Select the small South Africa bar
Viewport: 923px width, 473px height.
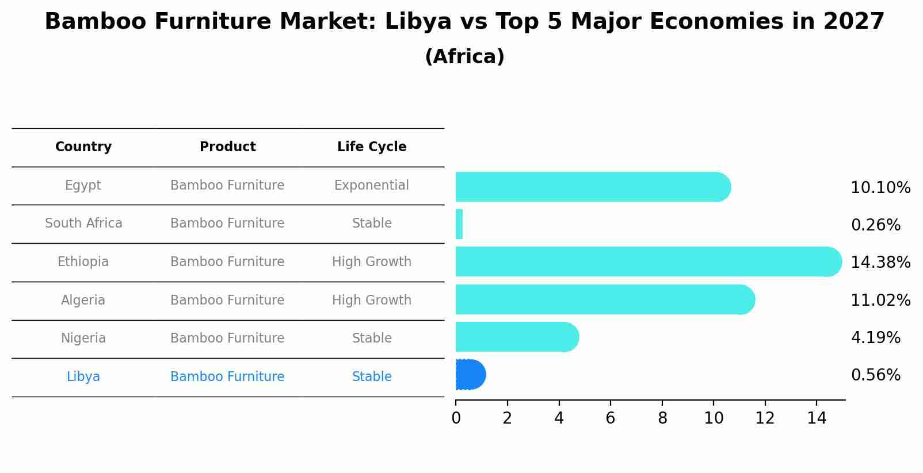click(x=459, y=224)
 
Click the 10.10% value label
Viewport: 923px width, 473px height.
click(x=880, y=188)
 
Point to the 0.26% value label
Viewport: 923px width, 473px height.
click(x=875, y=225)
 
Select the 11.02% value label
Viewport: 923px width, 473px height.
click(x=880, y=301)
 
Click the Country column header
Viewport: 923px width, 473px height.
click(x=83, y=147)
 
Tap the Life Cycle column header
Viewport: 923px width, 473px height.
click(x=372, y=147)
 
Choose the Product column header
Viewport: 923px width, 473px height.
click(x=227, y=147)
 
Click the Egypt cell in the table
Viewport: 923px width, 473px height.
click(x=83, y=186)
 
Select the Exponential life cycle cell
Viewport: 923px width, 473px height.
click(x=372, y=186)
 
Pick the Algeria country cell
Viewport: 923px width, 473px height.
click(x=83, y=301)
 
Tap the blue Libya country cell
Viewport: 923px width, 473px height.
click(x=83, y=377)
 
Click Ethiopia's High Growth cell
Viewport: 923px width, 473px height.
click(x=372, y=262)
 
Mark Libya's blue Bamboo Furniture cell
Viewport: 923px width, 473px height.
click(x=227, y=377)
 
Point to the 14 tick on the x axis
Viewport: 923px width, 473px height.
click(x=816, y=418)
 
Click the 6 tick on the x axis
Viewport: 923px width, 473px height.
click(x=610, y=418)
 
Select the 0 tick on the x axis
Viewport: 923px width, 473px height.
click(x=456, y=418)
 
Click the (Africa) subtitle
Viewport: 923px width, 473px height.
click(x=464, y=57)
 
